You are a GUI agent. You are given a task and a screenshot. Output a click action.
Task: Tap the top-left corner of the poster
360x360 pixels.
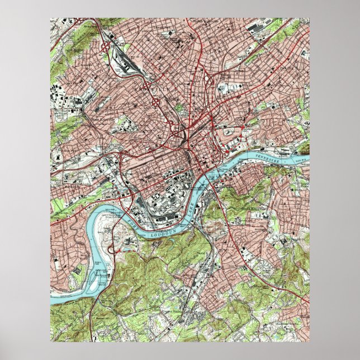coord(51,18)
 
